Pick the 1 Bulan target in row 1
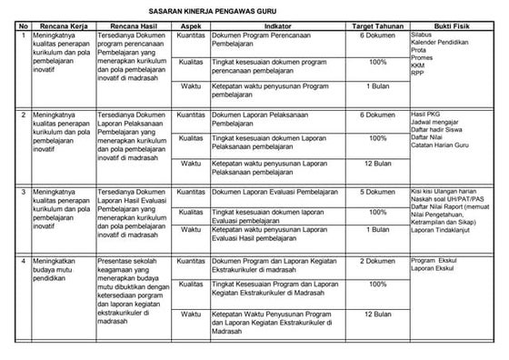[x=376, y=85]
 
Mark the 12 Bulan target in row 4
[x=376, y=315]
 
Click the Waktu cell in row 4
[x=190, y=315]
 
